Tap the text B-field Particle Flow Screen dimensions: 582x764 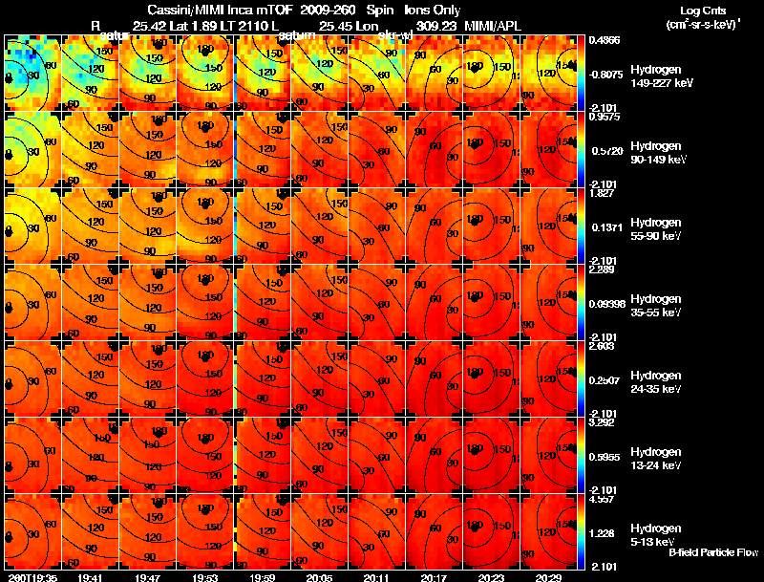pos(713,552)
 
